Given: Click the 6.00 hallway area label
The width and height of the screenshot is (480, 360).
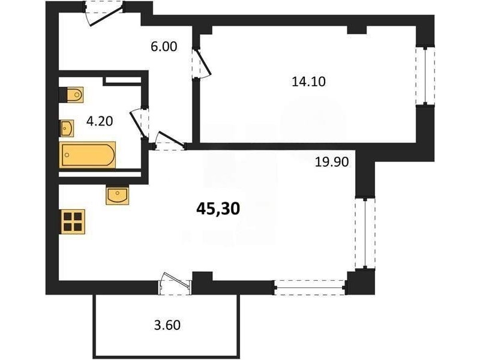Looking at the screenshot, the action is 164,47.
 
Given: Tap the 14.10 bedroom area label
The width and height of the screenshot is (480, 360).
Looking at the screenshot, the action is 308,82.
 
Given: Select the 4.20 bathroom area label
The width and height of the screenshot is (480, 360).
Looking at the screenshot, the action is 100,121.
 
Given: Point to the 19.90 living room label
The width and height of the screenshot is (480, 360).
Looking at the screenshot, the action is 332,161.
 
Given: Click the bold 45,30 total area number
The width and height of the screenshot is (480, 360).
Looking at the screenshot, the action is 218,209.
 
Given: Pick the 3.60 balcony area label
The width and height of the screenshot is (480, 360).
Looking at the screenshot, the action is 167,325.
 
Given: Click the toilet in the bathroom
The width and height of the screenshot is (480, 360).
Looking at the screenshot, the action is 71,95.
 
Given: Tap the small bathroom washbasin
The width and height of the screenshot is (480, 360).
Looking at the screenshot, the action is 67,128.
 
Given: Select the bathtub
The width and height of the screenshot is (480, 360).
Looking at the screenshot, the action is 88,155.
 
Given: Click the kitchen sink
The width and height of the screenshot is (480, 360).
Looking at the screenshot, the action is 117,196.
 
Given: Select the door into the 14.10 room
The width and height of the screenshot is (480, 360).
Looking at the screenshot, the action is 202,64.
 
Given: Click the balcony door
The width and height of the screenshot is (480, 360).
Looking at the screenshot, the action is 175,283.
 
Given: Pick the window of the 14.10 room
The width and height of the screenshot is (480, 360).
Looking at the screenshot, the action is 425,76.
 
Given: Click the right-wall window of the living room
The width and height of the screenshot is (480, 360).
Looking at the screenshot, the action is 365,233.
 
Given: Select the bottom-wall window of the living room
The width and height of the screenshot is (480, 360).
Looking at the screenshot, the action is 310,287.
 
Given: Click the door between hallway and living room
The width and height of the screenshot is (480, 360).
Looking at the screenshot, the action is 170,141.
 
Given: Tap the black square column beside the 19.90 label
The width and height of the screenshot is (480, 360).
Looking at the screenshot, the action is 365,173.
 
